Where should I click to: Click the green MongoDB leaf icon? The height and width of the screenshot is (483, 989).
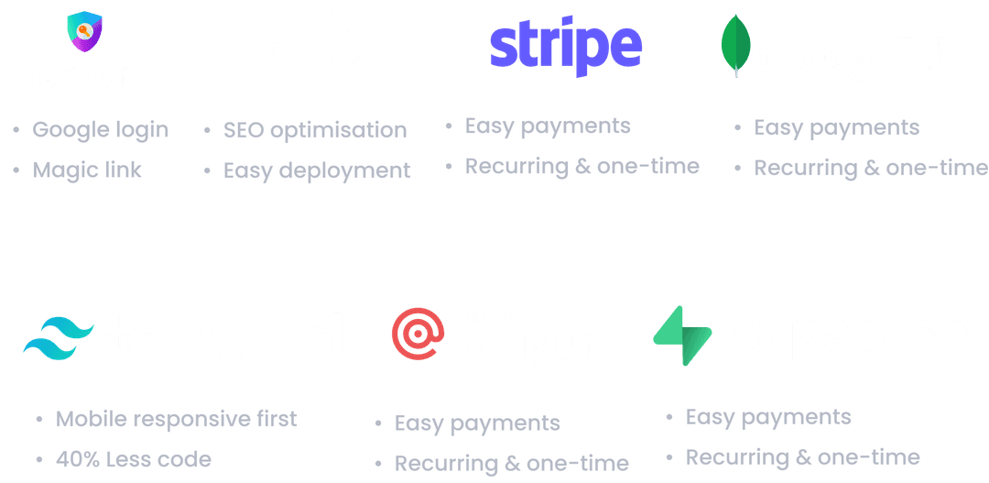click(x=736, y=46)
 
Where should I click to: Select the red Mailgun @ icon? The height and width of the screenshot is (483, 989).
click(x=418, y=333)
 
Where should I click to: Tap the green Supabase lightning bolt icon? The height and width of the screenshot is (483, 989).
click(x=682, y=335)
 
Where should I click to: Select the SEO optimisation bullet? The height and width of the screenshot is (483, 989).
click(x=315, y=129)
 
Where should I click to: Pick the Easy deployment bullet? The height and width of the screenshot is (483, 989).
click(x=317, y=170)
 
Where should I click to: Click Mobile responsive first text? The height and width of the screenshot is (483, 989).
click(x=177, y=419)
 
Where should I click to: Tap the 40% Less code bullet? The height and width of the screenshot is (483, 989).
click(x=134, y=459)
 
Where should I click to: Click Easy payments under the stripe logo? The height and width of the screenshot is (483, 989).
click(x=548, y=126)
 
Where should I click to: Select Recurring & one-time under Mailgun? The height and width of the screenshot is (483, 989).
click(x=512, y=463)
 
